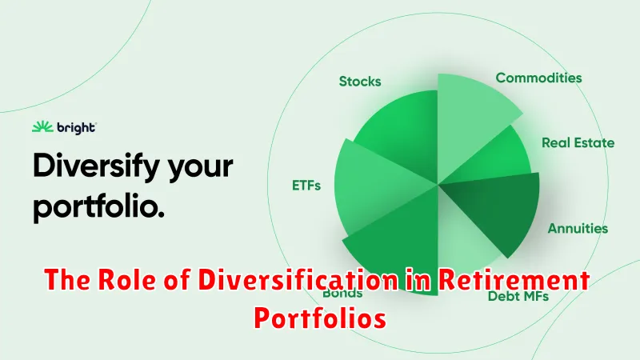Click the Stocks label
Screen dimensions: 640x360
360,82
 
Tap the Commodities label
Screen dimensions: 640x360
538,78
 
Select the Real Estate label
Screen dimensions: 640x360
578,142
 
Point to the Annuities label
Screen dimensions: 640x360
578,228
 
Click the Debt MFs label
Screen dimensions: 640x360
518,296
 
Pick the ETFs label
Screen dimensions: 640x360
306,186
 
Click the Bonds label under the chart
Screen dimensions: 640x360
342,293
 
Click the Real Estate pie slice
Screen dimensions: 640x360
494,159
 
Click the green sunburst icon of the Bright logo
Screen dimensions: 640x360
42,127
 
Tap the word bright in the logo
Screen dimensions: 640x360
76,128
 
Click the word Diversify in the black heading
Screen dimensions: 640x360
96,166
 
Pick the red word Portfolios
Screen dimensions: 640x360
320,318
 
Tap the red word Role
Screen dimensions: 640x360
127,280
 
